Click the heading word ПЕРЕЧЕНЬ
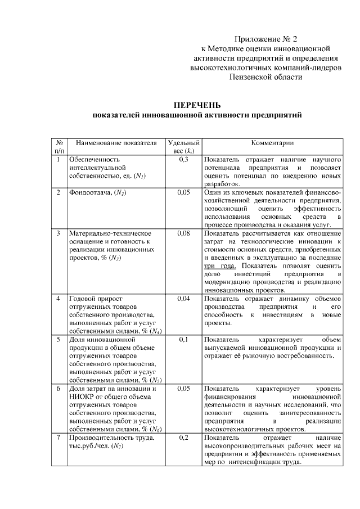[197, 105]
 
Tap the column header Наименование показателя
[116, 143]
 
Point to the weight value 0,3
[183, 160]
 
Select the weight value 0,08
[183, 233]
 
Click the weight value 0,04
[183, 298]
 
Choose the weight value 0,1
[183, 340]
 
